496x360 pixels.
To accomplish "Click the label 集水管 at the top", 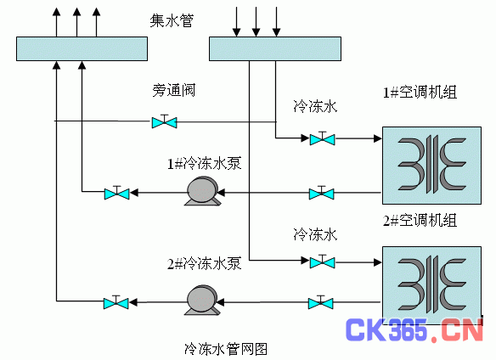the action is click(172, 20).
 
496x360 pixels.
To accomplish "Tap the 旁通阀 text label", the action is click(173, 90).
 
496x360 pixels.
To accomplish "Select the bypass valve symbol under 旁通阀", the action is click(164, 121).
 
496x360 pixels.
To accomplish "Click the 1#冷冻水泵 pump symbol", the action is click(202, 191).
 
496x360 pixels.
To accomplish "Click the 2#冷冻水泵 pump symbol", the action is click(202, 300).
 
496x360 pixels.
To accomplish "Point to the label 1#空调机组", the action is click(420, 93).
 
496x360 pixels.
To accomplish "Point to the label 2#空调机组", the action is click(420, 220).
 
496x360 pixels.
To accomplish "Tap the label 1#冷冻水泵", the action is click(204, 164).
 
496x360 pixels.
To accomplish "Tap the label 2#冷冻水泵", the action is click(204, 263).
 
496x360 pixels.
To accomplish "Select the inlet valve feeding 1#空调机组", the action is click(323, 138).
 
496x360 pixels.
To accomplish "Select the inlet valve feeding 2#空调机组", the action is click(323, 262).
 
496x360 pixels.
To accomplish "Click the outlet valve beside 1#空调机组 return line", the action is click(321, 193).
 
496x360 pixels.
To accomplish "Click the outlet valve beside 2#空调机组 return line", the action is click(321, 303).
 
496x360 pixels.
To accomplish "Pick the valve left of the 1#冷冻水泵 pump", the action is click(116, 193).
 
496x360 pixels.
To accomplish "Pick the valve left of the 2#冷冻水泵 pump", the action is click(116, 303).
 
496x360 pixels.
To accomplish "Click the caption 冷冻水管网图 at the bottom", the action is click(226, 349).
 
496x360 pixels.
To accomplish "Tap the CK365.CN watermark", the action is click(414, 329).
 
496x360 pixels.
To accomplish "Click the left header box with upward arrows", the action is click(82, 48).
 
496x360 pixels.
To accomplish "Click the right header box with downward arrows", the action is click(275, 48).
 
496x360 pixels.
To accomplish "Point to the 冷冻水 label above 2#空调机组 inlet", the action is click(315, 234).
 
